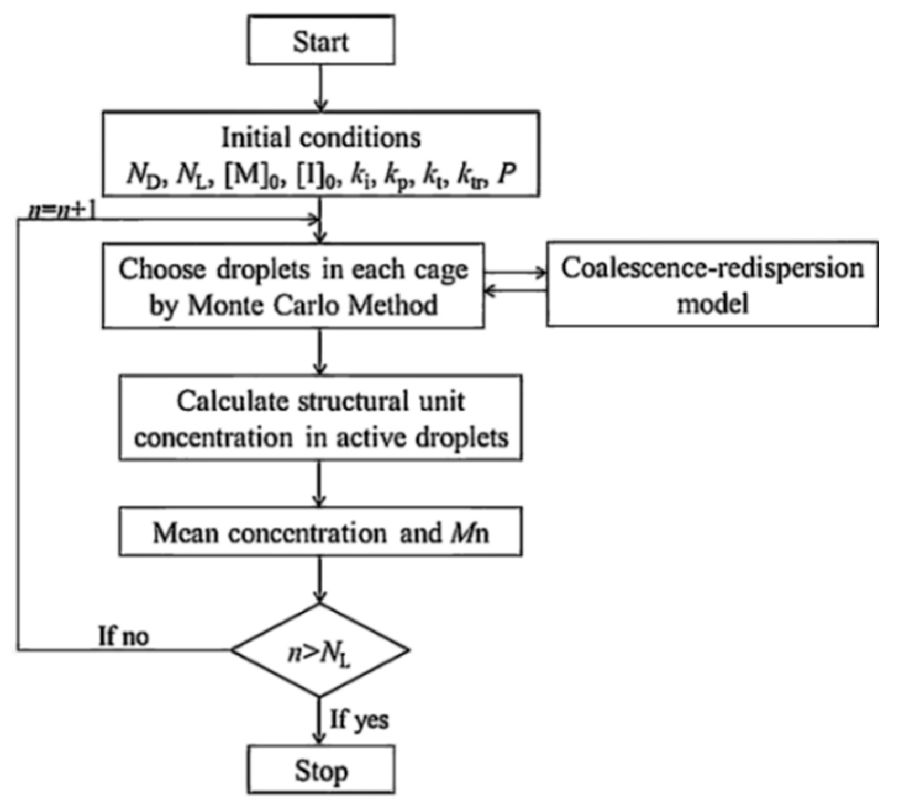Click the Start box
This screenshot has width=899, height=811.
320,40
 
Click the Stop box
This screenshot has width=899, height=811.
320,770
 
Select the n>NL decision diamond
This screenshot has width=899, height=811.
320,650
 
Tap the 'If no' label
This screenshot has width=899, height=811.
123,636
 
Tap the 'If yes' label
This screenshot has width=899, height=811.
359,719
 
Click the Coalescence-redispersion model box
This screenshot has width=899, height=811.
712,284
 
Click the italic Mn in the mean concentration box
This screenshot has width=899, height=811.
470,533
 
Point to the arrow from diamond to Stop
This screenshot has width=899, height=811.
319,720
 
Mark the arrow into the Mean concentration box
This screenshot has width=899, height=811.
319,484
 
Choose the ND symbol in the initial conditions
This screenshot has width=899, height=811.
144,176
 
